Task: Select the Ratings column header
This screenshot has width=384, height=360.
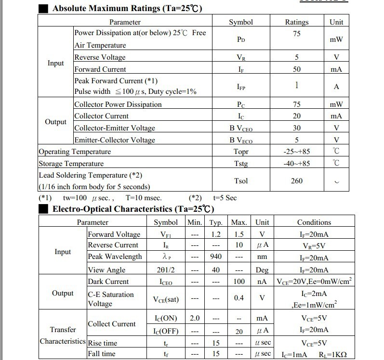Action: pyautogui.click(x=296, y=22)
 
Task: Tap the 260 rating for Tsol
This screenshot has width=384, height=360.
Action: pyautogui.click(x=296, y=180)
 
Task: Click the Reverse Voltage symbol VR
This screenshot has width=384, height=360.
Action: pyautogui.click(x=241, y=57)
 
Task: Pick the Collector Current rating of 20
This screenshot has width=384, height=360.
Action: pyautogui.click(x=296, y=116)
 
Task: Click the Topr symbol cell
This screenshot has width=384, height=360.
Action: pyautogui.click(x=241, y=152)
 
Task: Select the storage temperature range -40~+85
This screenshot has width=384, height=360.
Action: pyautogui.click(x=296, y=164)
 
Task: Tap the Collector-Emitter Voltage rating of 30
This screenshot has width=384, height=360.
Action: pyautogui.click(x=296, y=128)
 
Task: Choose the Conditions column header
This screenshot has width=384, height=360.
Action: pyautogui.click(x=314, y=222)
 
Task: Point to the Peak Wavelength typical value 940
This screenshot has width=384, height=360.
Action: pyautogui.click(x=216, y=257)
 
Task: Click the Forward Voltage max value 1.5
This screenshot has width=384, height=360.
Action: pyautogui.click(x=239, y=234)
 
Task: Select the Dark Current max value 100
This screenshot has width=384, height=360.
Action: pyautogui.click(x=239, y=282)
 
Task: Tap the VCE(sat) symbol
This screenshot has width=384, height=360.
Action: pyautogui.click(x=166, y=299)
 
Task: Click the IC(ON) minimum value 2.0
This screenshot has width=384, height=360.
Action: pyautogui.click(x=195, y=318)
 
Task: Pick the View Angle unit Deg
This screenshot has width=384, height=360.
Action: pyautogui.click(x=262, y=270)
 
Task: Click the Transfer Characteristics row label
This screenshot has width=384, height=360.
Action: pyautogui.click(x=63, y=335)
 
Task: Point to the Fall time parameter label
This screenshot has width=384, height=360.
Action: pyautogui.click(x=102, y=354)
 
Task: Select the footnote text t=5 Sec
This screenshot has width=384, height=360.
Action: pyautogui.click(x=225, y=198)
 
